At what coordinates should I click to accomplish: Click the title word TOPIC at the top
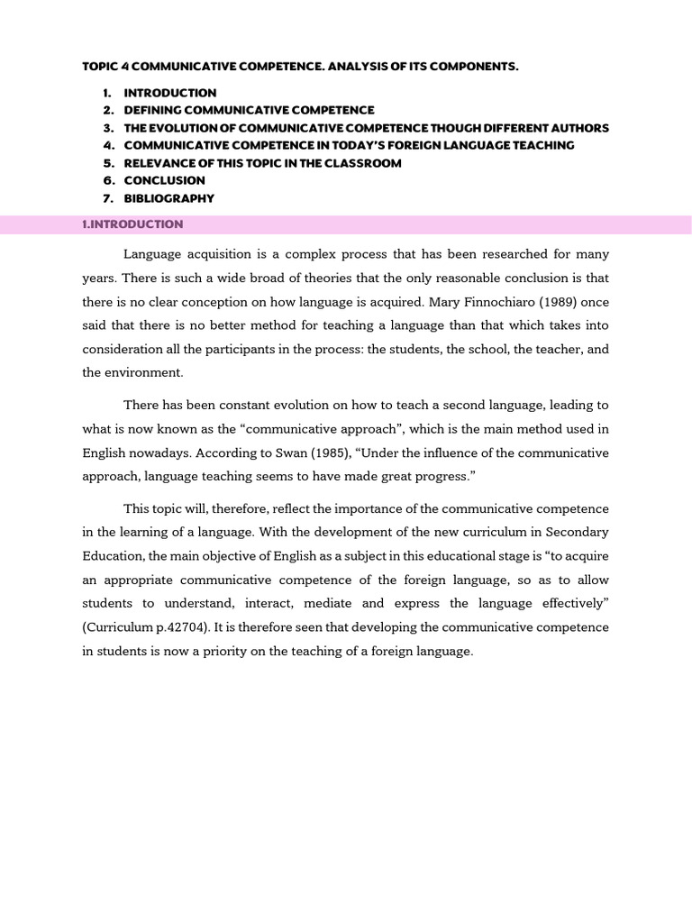click(99, 67)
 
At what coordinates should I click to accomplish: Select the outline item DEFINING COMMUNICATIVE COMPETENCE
click(249, 110)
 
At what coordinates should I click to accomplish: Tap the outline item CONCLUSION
click(165, 180)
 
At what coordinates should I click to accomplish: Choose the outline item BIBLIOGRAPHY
click(169, 198)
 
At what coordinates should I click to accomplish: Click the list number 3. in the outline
click(108, 128)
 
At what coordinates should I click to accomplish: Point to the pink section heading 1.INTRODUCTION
click(132, 224)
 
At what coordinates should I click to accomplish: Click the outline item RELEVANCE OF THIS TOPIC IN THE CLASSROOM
click(263, 163)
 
